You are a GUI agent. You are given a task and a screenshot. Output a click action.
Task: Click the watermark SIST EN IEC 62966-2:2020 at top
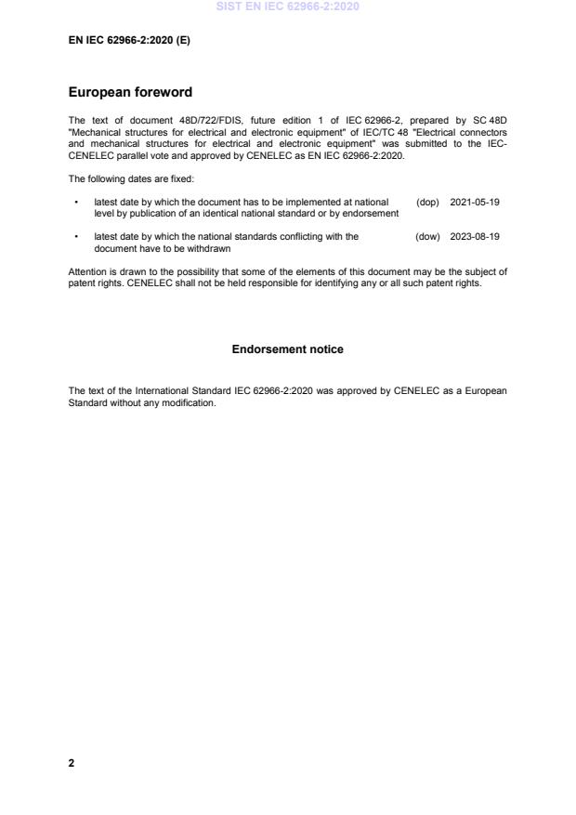coord(287,7)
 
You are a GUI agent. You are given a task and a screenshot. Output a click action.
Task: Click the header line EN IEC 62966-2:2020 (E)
coord(129,41)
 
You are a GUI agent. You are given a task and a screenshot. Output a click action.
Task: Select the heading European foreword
coord(130,93)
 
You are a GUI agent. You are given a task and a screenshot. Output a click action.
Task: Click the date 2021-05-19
coord(475,202)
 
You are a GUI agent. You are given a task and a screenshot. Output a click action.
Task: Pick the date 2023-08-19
coord(475,237)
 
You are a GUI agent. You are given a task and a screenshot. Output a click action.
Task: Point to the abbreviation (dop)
coord(427,202)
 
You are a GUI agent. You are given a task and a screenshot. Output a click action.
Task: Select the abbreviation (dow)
coord(427,237)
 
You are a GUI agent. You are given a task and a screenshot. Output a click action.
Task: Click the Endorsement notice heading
coord(287,349)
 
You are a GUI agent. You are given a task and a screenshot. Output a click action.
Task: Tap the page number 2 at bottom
coord(72,763)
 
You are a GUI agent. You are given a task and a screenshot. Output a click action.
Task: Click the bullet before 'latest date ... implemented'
coord(75,203)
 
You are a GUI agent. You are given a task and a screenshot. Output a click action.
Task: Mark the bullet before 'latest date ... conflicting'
coord(75,237)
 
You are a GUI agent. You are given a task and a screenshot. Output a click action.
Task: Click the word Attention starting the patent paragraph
coord(89,271)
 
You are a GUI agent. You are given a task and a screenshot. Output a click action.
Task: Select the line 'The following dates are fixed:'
coord(131,178)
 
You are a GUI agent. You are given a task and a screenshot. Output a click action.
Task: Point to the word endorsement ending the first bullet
coord(373,214)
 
